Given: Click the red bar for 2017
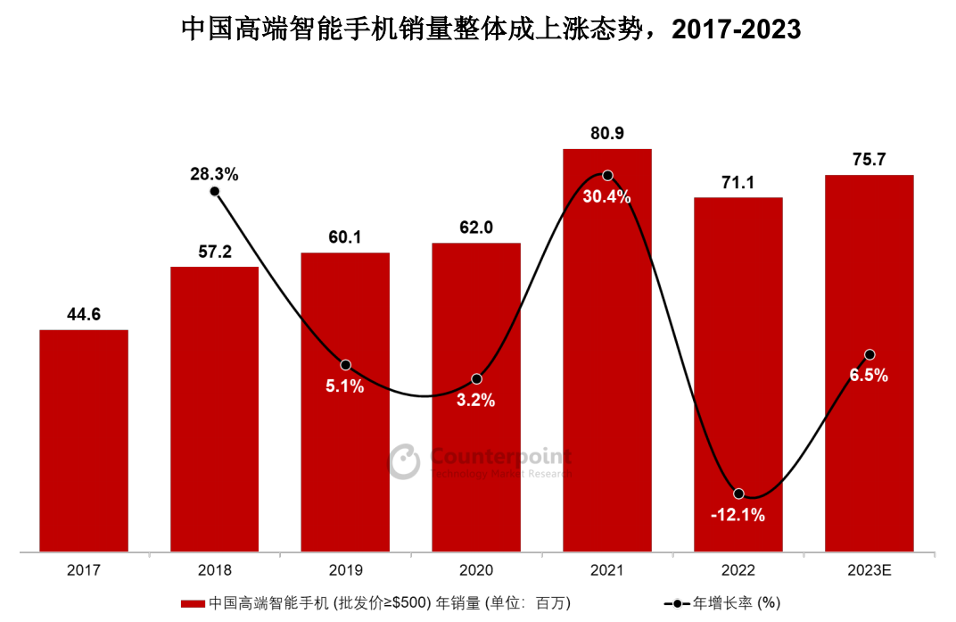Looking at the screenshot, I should [84, 441].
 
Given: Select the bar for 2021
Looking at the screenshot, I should [607, 357].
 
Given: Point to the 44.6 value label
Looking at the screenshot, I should [84, 314].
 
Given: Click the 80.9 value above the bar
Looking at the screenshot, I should [607, 133].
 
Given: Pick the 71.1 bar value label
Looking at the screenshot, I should [738, 183].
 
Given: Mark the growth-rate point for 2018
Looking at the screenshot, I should [215, 191].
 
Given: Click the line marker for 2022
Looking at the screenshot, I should [738, 493].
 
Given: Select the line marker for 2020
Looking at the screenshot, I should [476, 379].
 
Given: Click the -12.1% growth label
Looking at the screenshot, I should [738, 515].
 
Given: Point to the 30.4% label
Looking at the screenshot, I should [607, 197].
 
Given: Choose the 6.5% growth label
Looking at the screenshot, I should [869, 376].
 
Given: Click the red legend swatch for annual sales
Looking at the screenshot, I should [193, 603].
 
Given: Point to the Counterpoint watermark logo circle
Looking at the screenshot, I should [405, 460].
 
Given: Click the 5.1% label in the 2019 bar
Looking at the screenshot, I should [345, 386].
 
